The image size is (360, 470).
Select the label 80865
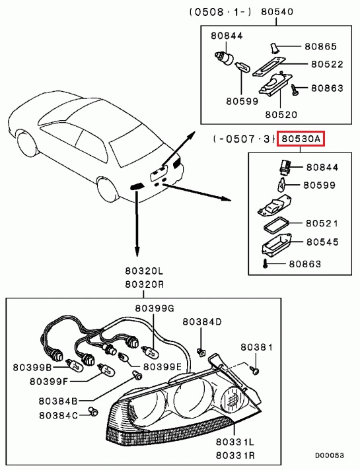tap(320, 47)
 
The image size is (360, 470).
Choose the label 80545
tap(321, 243)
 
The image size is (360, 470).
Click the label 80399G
tap(155, 308)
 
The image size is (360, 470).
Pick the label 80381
tap(256, 347)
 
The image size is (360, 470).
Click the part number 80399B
tap(32, 366)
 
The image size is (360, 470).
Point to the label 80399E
tap(162, 366)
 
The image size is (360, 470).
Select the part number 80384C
tap(58, 415)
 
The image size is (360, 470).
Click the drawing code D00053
tap(329, 455)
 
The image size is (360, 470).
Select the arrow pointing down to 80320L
tap(137, 224)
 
